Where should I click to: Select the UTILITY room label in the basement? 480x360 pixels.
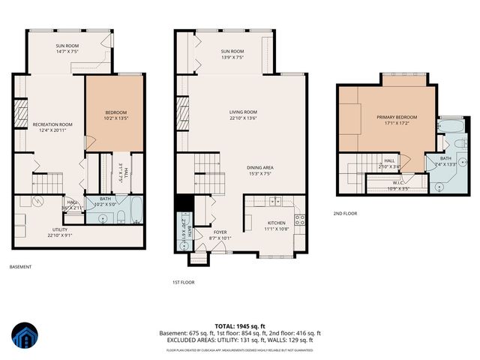pyautogui.click(x=60, y=229)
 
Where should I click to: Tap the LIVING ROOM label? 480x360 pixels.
pyautogui.click(x=243, y=112)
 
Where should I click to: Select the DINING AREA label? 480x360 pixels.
pyautogui.click(x=264, y=167)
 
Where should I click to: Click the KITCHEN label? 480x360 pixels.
pyautogui.click(x=276, y=223)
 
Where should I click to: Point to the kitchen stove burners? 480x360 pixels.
pyautogui.click(x=299, y=220)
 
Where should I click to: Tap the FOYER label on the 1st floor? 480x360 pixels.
pyautogui.click(x=220, y=232)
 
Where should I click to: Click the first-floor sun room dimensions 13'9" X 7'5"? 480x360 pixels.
pyautogui.click(x=232, y=57)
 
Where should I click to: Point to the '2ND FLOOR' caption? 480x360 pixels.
pyautogui.click(x=346, y=213)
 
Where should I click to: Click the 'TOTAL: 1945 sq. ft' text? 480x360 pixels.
pyautogui.click(x=239, y=325)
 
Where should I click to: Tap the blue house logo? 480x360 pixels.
pyautogui.click(x=24, y=337)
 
